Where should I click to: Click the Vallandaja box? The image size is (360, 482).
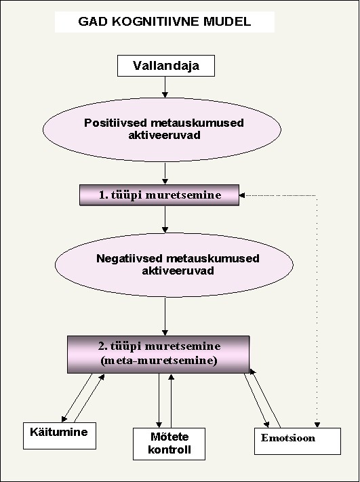(166, 66)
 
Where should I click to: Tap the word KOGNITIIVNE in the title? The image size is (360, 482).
(152, 22)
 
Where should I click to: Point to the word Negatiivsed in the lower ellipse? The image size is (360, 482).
(129, 258)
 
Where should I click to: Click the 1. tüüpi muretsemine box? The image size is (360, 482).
(159, 195)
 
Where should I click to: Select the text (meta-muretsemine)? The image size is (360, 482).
(159, 360)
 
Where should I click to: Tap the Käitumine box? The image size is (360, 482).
(60, 436)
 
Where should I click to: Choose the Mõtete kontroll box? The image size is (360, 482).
(169, 444)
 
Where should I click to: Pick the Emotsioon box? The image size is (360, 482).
(298, 441)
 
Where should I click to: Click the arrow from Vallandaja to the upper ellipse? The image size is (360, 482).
(165, 87)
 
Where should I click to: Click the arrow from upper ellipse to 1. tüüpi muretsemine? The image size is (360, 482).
(165, 174)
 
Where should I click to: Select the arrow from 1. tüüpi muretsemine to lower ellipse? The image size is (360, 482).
(165, 219)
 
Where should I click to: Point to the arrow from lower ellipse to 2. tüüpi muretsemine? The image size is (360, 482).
(165, 317)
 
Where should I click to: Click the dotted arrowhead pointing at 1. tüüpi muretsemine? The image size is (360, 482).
(242, 195)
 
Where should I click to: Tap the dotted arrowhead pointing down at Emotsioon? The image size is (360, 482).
(317, 425)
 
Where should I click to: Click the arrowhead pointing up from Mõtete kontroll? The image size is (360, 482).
(172, 376)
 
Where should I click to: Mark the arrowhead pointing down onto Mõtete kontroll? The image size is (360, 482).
(159, 425)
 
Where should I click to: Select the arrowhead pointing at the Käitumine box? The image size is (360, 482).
(64, 419)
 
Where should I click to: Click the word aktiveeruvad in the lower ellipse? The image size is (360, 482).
(178, 271)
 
